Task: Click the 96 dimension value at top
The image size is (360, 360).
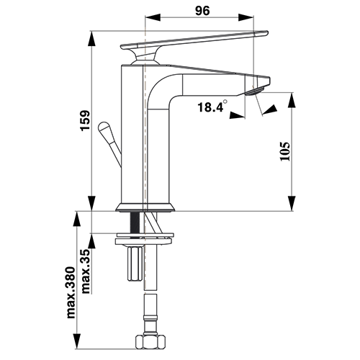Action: coord(202,11)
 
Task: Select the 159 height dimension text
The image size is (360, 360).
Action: coord(85,120)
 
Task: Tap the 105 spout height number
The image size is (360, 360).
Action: coord(285,151)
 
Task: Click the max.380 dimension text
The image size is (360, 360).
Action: coord(71,292)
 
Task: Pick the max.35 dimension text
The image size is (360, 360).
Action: coord(86,271)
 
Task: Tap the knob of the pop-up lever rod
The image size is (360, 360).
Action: coord(104,129)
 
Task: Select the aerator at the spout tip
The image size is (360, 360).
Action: coord(254,91)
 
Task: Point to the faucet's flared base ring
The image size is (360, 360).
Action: coord(145,207)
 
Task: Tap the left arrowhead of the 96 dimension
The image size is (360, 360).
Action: coord(153,17)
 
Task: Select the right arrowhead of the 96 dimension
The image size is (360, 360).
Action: coord(246,17)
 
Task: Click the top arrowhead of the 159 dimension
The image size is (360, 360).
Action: coord(91,38)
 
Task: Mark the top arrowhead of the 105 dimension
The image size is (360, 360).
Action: coord(292,100)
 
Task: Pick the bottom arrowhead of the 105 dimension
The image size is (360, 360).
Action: coord(292,204)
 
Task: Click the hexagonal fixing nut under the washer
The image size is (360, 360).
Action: coord(135,264)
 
